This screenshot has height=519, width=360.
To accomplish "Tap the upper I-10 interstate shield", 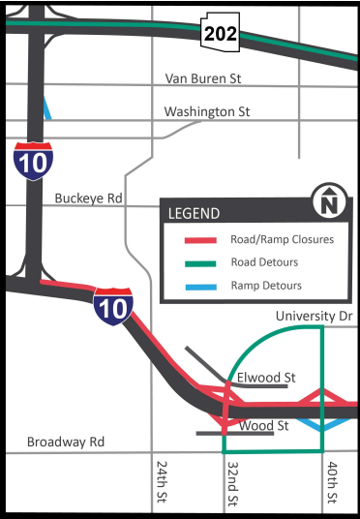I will [x=34, y=160].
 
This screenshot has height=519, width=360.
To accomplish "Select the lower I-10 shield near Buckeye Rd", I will [x=112, y=305].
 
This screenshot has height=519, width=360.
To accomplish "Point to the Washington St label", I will [x=206, y=111].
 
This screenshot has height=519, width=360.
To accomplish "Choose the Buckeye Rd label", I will [x=88, y=198].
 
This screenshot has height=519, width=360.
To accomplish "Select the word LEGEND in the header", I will [x=194, y=213].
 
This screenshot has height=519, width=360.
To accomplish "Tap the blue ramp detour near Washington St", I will [x=46, y=107].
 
